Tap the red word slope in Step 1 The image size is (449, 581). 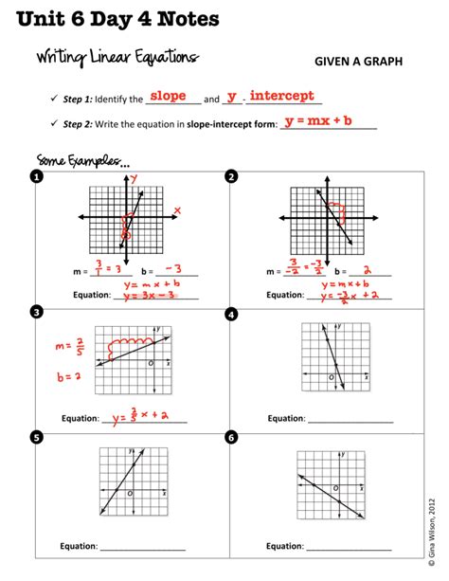click(x=167, y=96)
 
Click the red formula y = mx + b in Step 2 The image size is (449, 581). click(x=317, y=121)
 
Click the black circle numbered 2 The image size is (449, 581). click(x=232, y=176)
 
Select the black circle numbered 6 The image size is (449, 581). click(x=232, y=437)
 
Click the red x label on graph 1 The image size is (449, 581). click(x=176, y=210)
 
